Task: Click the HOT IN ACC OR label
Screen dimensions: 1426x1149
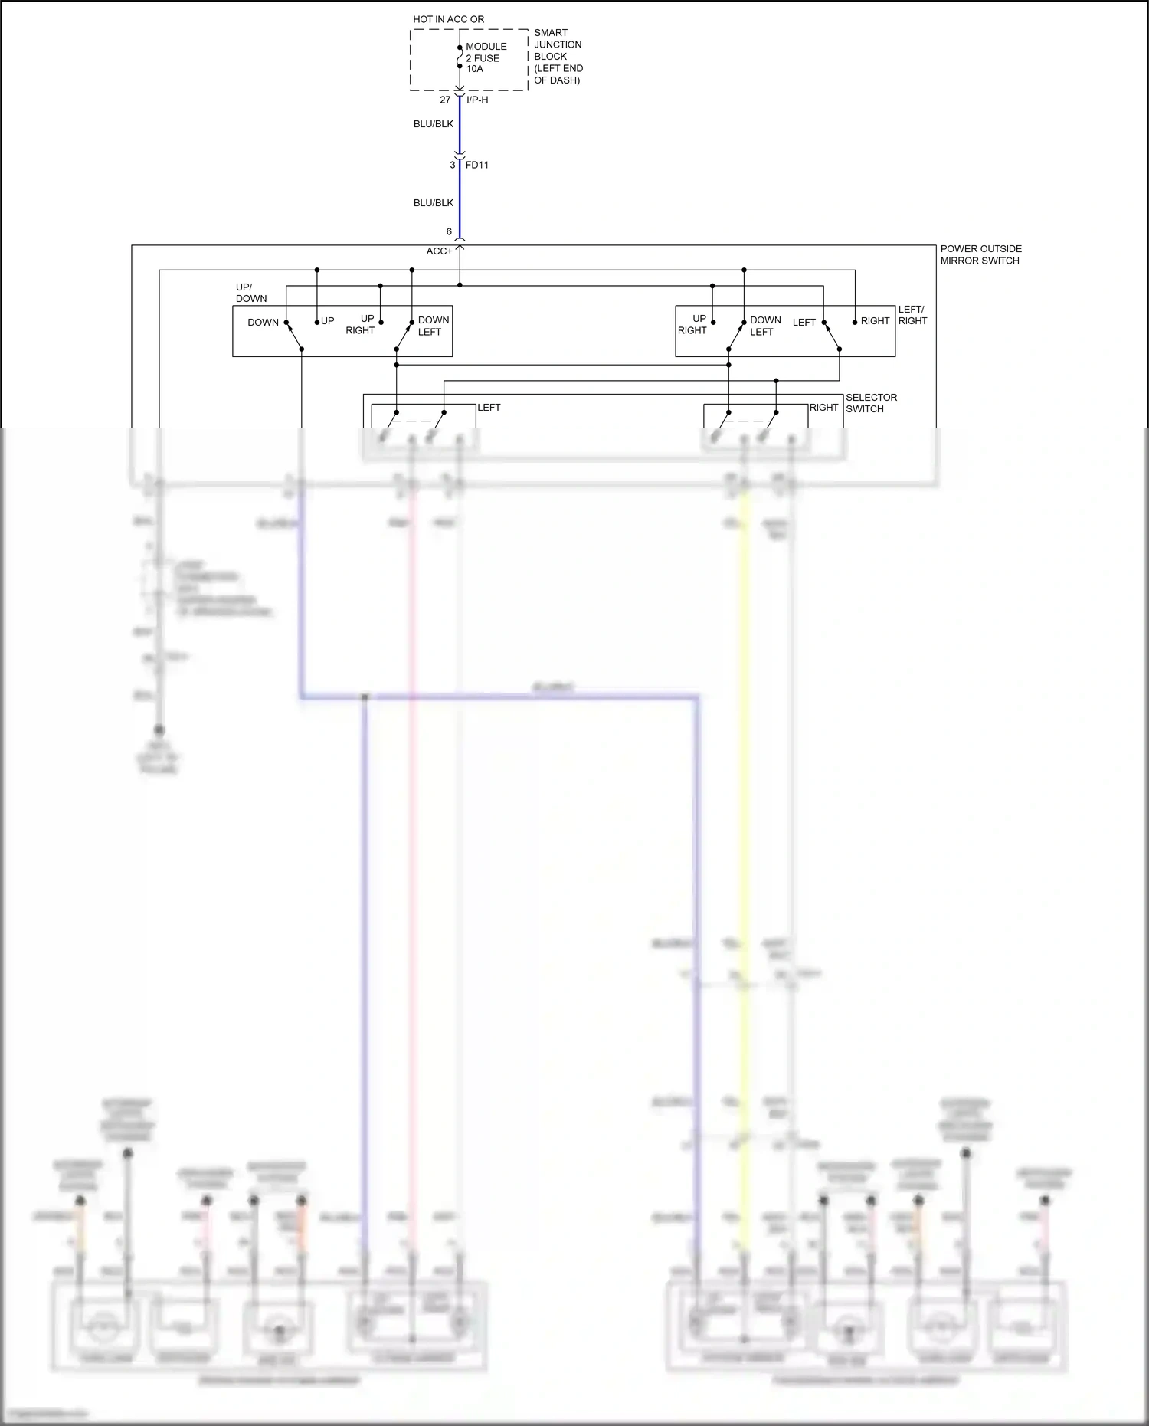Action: click(x=448, y=19)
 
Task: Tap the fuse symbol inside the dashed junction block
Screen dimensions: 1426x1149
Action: click(x=460, y=57)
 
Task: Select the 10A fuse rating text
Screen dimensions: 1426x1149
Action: click(x=475, y=69)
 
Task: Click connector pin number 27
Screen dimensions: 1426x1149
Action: click(x=445, y=100)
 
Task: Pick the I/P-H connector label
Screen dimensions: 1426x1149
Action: click(x=477, y=100)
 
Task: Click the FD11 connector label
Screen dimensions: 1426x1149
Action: click(x=477, y=165)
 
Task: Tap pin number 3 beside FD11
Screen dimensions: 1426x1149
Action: click(x=452, y=165)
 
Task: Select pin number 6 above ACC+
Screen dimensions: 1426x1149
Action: click(x=449, y=231)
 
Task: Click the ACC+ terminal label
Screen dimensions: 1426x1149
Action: click(x=439, y=251)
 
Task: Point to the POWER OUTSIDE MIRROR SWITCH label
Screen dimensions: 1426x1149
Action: click(x=980, y=254)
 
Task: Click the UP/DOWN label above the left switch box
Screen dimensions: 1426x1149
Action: click(x=250, y=293)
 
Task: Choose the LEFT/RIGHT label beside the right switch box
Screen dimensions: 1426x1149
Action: click(x=912, y=315)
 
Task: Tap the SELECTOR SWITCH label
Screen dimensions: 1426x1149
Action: click(x=871, y=403)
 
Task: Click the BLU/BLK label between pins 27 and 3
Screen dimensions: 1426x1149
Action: click(x=434, y=124)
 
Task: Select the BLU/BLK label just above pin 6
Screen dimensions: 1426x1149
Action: click(x=434, y=203)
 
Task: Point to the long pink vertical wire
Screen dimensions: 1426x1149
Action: click(x=412, y=843)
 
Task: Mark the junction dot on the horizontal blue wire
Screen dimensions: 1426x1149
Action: click(x=365, y=697)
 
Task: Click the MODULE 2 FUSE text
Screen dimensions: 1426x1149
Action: click(x=486, y=52)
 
